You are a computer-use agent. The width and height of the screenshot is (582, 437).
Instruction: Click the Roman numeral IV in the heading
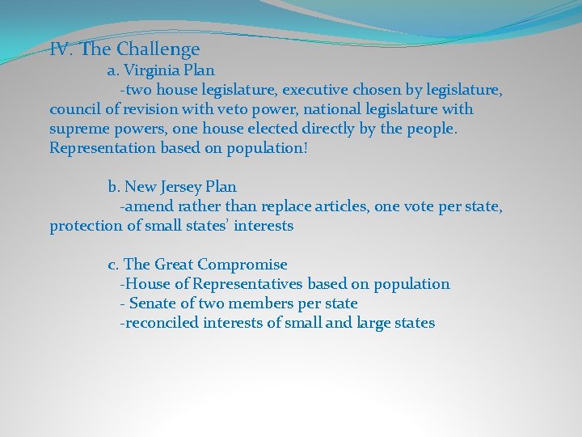61,49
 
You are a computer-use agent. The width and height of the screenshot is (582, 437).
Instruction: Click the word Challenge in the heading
158,50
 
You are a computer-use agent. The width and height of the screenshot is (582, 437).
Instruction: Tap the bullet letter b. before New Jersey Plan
114,187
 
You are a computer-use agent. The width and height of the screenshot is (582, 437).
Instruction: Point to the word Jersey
183,187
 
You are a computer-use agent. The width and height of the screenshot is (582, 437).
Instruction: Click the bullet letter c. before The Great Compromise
113,265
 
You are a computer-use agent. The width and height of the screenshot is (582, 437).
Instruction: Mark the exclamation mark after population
305,148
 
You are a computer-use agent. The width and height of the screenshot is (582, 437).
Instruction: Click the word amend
145,206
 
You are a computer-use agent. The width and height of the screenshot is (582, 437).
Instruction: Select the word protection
86,226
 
